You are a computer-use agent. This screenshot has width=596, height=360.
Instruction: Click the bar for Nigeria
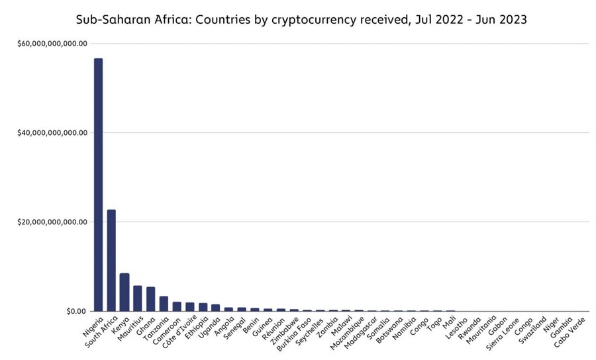(x=99, y=185)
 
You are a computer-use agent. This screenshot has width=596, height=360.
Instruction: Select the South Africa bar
(x=111, y=260)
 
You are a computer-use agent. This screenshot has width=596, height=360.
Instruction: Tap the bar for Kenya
(x=124, y=292)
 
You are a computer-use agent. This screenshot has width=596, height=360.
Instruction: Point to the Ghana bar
(x=150, y=299)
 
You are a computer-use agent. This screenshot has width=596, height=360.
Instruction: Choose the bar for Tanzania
(x=164, y=303)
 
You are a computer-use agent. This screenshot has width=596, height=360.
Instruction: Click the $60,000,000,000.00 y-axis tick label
(x=52, y=44)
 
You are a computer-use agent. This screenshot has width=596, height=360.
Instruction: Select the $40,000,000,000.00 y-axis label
(x=52, y=132)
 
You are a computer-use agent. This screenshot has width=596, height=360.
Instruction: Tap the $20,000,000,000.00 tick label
(x=52, y=222)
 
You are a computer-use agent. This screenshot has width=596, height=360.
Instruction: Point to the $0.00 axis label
(x=76, y=312)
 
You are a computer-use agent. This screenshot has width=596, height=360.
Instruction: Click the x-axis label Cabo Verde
(x=570, y=332)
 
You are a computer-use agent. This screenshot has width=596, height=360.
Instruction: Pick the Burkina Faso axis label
(x=294, y=334)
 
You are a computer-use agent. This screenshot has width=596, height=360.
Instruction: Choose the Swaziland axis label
(x=532, y=330)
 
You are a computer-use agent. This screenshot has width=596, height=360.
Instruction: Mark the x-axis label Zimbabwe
(x=284, y=331)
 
